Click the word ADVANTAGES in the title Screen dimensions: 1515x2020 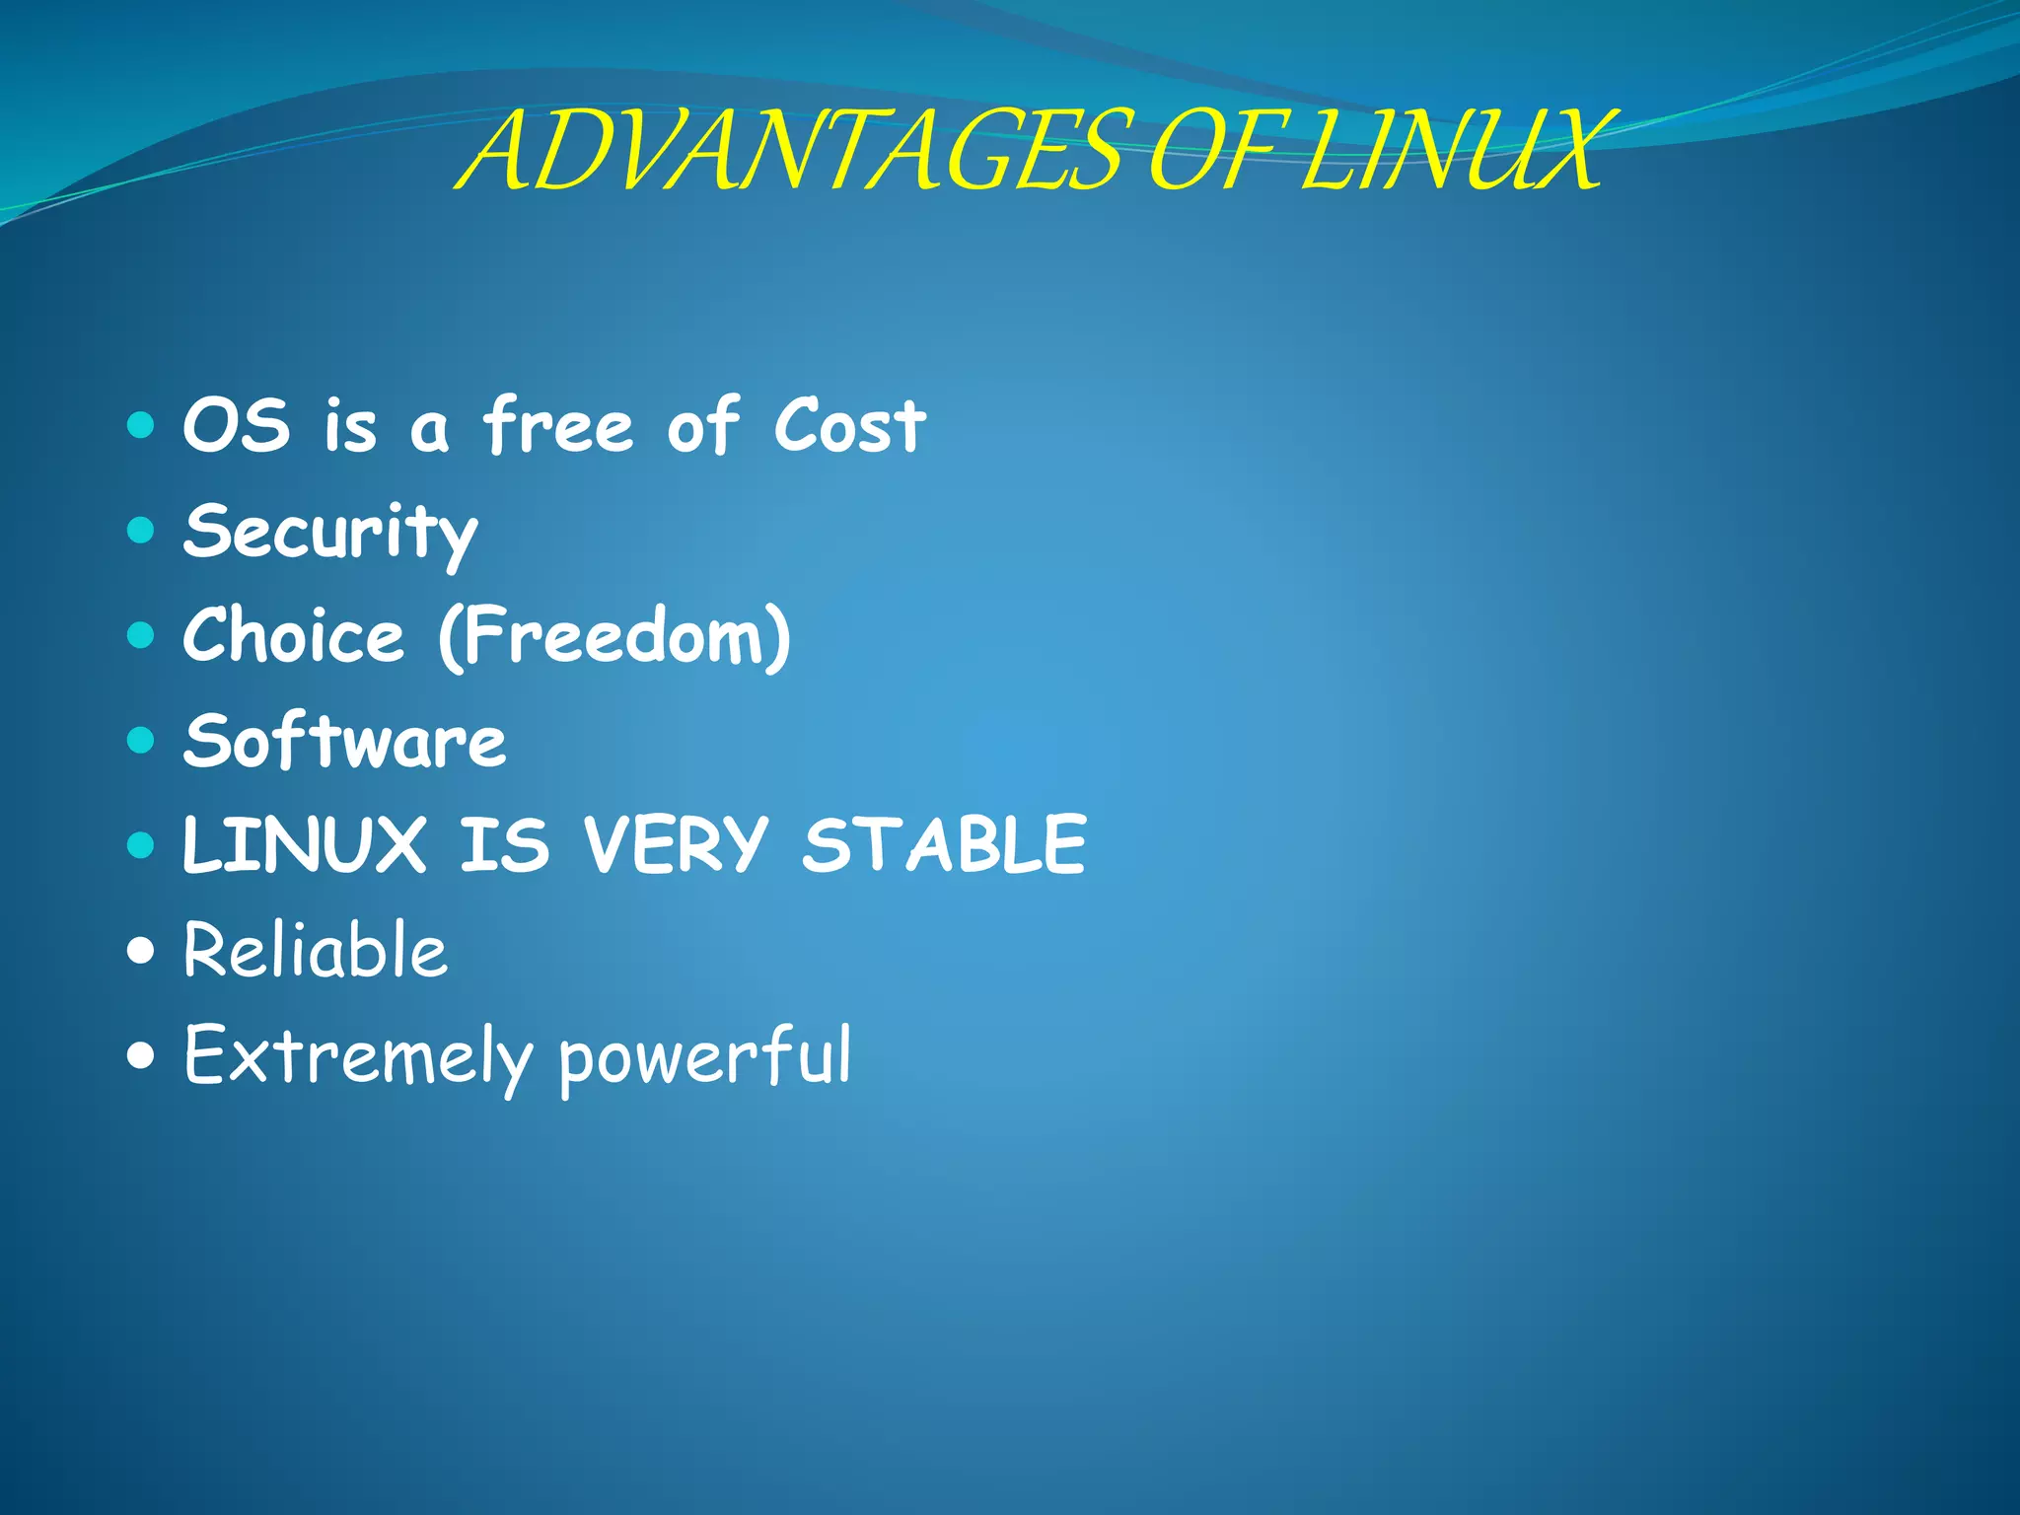(789, 153)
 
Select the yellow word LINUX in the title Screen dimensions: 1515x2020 (1450, 153)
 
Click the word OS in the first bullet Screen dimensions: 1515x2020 (237, 426)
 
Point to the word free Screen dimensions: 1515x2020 (557, 426)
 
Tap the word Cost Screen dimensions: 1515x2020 (849, 426)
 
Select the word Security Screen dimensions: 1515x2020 (330, 533)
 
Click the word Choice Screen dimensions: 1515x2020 (294, 636)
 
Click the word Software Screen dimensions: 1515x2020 (344, 742)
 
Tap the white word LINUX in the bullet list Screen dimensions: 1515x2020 (304, 845)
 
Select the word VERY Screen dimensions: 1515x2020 (675, 845)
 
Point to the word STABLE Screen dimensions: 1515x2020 (944, 845)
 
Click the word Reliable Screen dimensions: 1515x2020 (316, 950)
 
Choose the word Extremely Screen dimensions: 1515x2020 (357, 1055)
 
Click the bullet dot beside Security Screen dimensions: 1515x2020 (142, 532)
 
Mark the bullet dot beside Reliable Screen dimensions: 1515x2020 (142, 951)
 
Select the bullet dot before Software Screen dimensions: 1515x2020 (142, 741)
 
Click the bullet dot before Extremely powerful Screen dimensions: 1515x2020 (142, 1056)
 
